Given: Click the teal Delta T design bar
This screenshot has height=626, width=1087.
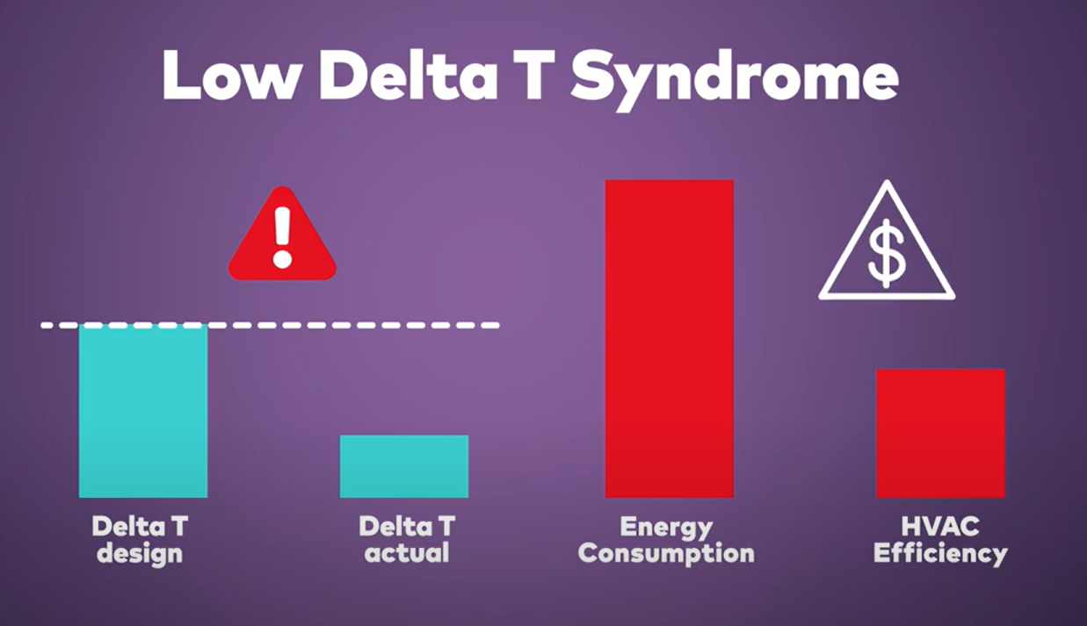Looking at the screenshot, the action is pos(143,411).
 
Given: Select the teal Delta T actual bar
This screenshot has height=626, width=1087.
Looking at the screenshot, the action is pos(404,466).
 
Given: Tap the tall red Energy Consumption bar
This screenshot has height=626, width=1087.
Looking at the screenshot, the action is pos(669,338).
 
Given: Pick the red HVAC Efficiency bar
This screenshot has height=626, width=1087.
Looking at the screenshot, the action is pos(940,433).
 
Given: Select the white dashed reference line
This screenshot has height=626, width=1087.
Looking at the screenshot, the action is pos(351,325).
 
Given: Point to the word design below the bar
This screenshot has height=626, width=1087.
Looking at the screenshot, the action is pos(140,554).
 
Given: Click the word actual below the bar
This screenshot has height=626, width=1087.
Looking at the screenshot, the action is pos(405,554).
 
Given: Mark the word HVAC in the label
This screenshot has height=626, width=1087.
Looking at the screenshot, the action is pos(940,527).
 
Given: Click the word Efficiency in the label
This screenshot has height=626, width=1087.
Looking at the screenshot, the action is pos(940,554).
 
